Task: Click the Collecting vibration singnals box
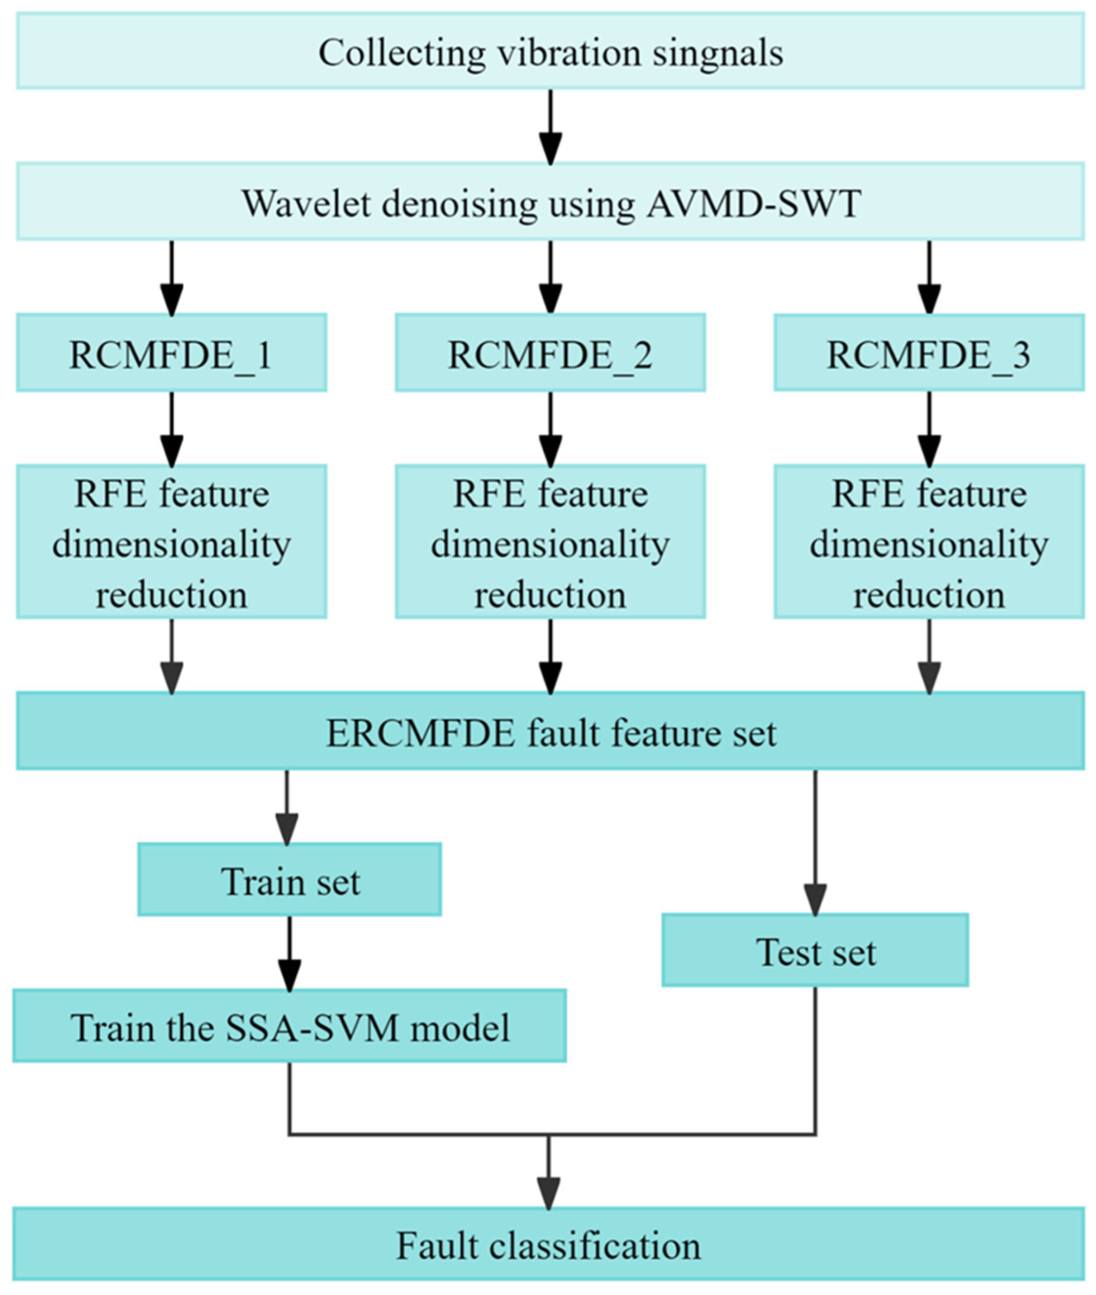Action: [x=550, y=52]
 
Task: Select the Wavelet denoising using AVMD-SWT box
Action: [x=550, y=202]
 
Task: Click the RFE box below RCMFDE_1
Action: [x=172, y=542]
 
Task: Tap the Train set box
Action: [x=289, y=880]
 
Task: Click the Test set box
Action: [x=814, y=950]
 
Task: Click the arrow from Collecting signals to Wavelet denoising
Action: [x=550, y=127]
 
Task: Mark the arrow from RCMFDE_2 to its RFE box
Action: [x=550, y=429]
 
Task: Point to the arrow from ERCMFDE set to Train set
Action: [x=286, y=807]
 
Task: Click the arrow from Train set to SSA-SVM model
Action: [x=289, y=953]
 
